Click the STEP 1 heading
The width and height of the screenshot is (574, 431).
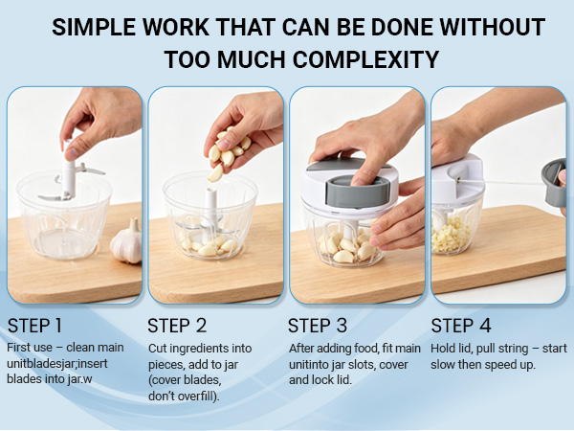[x=34, y=326]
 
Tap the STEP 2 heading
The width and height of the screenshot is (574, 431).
[x=177, y=326]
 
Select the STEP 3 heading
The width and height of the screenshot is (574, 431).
[x=318, y=326]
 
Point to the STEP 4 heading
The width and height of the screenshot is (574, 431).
[x=460, y=326]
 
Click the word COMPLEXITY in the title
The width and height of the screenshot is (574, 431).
[x=366, y=59]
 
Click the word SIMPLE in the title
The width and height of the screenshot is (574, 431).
[x=94, y=27]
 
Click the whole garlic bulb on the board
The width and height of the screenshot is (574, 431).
[x=126, y=242]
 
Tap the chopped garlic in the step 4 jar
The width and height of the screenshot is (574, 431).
[x=450, y=235]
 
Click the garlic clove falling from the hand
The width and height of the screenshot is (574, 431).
[x=215, y=173]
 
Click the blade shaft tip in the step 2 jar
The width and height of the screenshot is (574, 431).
[x=210, y=191]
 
